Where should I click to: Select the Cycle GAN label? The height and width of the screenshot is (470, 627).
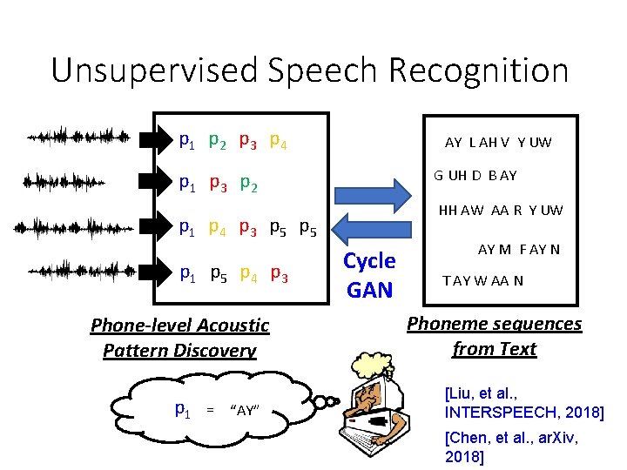[370, 274]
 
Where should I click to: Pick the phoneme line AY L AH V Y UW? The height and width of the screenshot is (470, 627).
[498, 142]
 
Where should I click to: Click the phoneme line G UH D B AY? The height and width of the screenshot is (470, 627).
[475, 176]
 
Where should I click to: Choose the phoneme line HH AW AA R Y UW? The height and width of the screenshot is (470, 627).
[501, 210]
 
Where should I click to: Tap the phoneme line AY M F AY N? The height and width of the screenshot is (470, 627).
[519, 250]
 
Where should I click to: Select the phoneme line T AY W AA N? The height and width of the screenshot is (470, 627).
[483, 280]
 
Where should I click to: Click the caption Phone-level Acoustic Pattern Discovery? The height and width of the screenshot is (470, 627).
[180, 338]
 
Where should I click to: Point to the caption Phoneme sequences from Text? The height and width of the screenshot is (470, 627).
[494, 336]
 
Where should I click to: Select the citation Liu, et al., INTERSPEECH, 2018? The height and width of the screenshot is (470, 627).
[522, 403]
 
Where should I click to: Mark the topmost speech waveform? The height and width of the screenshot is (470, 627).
[78, 137]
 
